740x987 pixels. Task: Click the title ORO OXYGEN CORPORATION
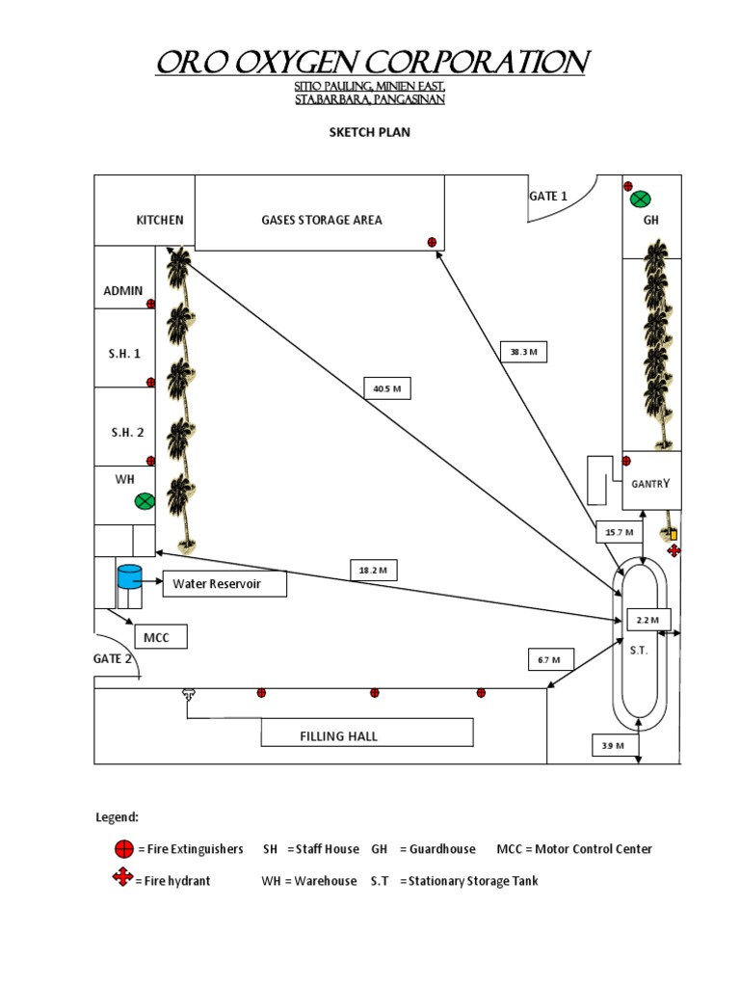(x=372, y=63)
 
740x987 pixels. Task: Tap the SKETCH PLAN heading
(x=370, y=132)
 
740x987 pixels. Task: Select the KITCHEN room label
(x=159, y=220)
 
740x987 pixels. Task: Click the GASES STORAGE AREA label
(x=322, y=220)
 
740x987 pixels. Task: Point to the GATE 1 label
(x=548, y=196)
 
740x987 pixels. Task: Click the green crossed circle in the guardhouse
(x=640, y=200)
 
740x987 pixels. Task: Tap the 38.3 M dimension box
(x=523, y=353)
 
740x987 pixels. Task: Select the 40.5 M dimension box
(x=386, y=389)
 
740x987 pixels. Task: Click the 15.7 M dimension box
(x=619, y=532)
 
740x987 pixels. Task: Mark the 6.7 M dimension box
(x=550, y=660)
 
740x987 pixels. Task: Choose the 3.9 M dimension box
(x=613, y=746)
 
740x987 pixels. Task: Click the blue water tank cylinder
(x=129, y=576)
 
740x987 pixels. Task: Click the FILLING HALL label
(x=338, y=736)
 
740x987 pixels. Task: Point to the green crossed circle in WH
(x=145, y=501)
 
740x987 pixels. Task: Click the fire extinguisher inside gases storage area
(x=432, y=242)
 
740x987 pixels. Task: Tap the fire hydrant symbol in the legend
(x=122, y=878)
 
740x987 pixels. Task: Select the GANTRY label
(x=649, y=484)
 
